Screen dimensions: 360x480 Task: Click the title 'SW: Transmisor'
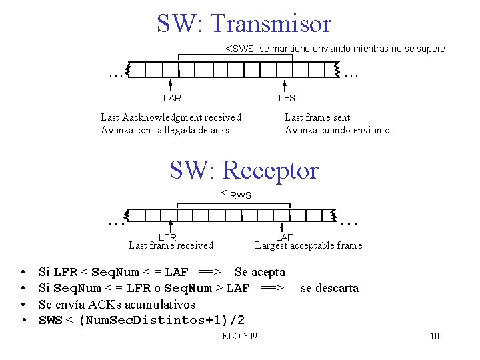pos(243,23)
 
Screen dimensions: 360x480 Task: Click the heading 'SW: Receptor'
pos(243,170)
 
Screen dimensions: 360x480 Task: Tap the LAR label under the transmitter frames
pos(172,98)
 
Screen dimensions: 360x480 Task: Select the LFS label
pos(287,98)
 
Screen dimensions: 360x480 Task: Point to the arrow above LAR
pos(171,85)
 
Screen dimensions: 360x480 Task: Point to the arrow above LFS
pos(285,85)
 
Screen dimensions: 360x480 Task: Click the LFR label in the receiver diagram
pos(167,237)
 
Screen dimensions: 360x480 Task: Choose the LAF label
pos(285,237)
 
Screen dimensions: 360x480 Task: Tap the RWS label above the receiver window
pos(240,195)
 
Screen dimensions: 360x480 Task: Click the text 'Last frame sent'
pos(317,117)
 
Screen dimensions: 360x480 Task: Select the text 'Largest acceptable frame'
pos(309,245)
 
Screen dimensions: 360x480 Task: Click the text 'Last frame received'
pos(171,245)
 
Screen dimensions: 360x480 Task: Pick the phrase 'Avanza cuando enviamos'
pos(339,130)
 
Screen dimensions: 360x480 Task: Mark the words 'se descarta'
pos(329,288)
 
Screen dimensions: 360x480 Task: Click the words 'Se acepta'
pos(260,272)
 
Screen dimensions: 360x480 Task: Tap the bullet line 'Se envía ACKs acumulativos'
pos(117,304)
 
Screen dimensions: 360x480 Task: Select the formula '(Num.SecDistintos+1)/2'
pos(161,320)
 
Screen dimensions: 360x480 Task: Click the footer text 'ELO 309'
pos(239,336)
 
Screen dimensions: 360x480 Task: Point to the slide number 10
pos(435,336)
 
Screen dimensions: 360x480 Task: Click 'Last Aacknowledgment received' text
pos(171,117)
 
